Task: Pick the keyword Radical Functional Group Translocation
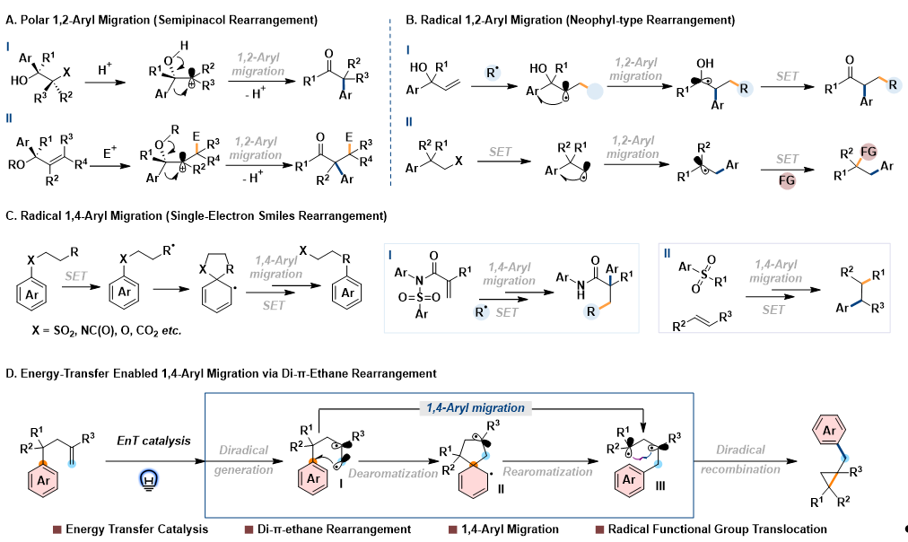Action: coord(719,529)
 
